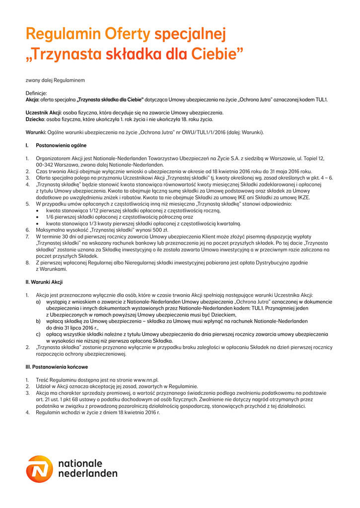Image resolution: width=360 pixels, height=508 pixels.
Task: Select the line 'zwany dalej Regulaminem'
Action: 55,80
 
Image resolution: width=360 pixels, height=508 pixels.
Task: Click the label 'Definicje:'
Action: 36,93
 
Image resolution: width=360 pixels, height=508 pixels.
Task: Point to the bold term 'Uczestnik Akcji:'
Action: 43,113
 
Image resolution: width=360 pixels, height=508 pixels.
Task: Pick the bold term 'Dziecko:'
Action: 35,120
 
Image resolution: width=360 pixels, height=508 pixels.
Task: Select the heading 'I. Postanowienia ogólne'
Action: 56,146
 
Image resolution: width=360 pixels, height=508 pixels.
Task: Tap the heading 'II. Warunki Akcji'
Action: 44,282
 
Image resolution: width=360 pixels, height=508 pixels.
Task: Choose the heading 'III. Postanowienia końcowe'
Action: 57,367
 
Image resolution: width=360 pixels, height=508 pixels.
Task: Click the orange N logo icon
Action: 39,469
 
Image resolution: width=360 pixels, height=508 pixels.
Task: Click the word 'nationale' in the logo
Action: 80,463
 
